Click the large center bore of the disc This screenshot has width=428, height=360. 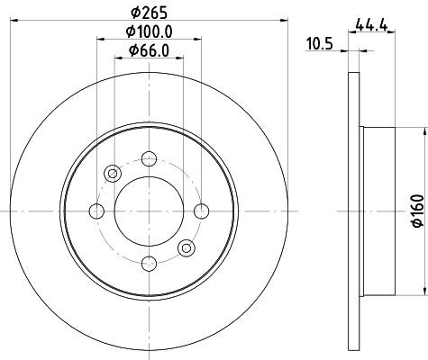[x=147, y=211]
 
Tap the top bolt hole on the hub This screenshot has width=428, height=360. [x=147, y=159]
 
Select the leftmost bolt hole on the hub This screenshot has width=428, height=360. [x=96, y=211]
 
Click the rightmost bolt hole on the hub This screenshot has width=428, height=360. [x=198, y=211]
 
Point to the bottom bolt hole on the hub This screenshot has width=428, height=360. [x=147, y=263]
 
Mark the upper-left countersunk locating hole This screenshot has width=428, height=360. [x=111, y=174]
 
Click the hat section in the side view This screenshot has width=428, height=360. [x=378, y=211]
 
